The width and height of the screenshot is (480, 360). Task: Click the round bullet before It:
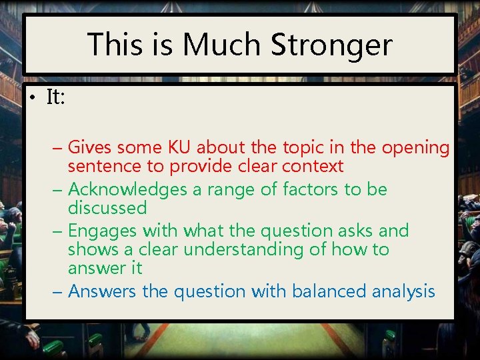[x=33, y=98]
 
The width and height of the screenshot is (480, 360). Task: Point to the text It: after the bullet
[x=55, y=97]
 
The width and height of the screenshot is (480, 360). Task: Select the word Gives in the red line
[x=90, y=147]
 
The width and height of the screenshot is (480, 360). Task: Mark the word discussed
[x=107, y=208]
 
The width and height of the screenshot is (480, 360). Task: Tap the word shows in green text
[x=90, y=249]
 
